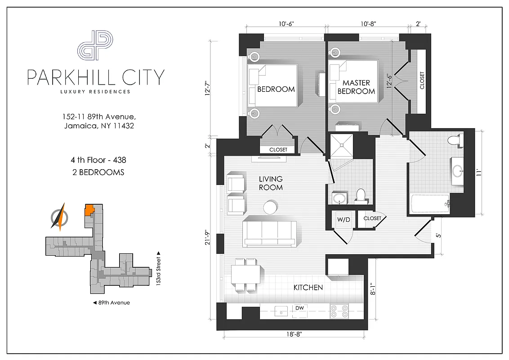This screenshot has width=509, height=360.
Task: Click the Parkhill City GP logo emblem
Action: tap(95, 45)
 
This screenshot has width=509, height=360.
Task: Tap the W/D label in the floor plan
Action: tap(344, 219)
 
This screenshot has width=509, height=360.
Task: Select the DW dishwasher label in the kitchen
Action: tap(299, 308)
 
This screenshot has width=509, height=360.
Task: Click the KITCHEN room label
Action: tap(308, 288)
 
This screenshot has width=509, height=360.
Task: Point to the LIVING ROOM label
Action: tap(271, 183)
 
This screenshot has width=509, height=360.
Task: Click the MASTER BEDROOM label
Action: tap(356, 87)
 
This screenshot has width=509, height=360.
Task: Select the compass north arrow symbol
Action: tap(59, 217)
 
